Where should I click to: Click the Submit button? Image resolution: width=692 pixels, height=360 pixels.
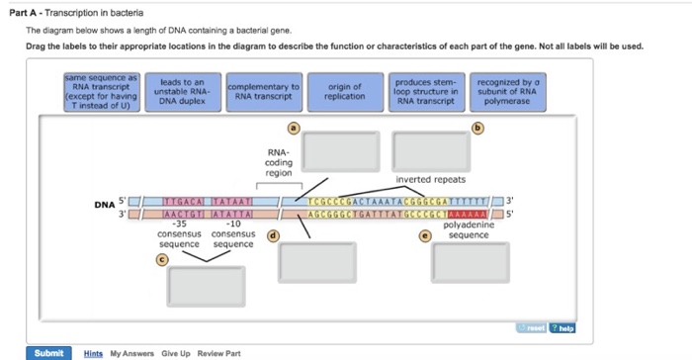(x=49, y=352)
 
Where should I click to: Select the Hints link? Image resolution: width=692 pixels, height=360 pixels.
(x=94, y=353)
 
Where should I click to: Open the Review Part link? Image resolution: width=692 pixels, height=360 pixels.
(x=219, y=353)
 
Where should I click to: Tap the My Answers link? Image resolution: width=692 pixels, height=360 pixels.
(x=131, y=353)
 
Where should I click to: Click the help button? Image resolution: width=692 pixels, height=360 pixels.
(x=563, y=328)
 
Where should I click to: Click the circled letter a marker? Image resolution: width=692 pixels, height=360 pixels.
(x=293, y=129)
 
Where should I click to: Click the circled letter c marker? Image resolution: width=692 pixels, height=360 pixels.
(x=162, y=259)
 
